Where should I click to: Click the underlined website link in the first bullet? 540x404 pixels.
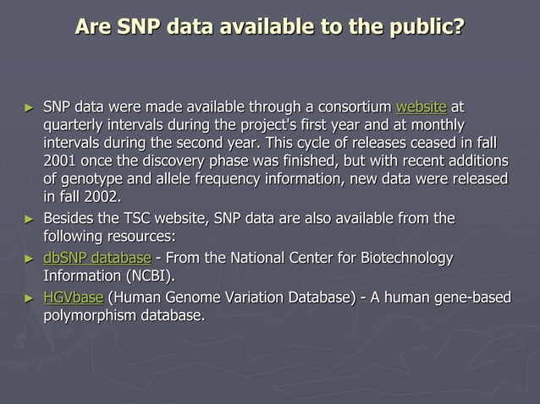point(421,108)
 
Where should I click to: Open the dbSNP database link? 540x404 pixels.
point(97,258)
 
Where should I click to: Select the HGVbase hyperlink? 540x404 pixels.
point(74,298)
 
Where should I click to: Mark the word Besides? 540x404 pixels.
point(72,220)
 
